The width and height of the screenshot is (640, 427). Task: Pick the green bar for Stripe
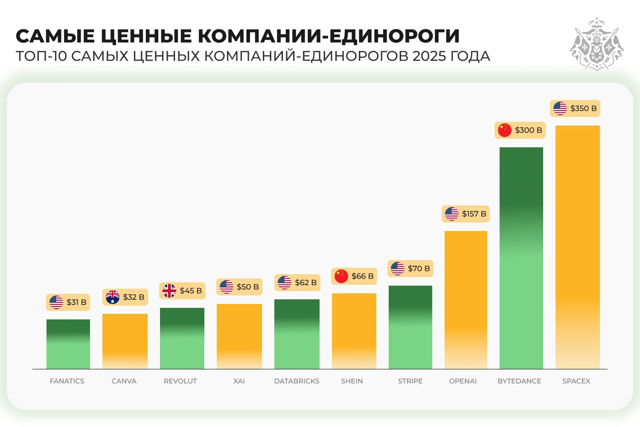(410, 327)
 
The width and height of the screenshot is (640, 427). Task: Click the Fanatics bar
(68, 344)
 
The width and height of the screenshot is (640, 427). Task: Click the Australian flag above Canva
(113, 297)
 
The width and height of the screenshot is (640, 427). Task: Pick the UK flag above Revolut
(169, 291)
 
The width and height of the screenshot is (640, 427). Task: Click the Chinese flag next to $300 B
(505, 130)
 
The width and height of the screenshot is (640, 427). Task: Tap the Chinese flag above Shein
(341, 276)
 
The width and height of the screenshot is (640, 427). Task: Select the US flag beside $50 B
(227, 287)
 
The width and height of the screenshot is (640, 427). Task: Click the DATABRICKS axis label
(297, 381)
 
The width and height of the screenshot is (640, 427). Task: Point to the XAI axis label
(239, 381)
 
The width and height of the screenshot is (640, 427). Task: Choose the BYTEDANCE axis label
(519, 381)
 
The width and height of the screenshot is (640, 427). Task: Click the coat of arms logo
(596, 44)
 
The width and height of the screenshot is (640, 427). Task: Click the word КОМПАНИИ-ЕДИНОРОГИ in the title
(329, 36)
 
